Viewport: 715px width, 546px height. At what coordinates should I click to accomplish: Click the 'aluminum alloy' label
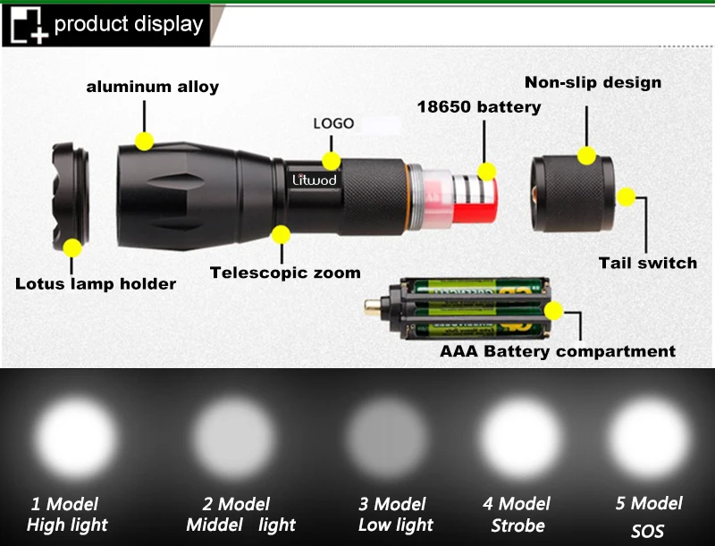[152, 87]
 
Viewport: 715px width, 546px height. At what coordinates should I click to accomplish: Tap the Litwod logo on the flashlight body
[315, 180]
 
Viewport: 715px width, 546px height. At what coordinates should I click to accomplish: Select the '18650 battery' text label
[479, 107]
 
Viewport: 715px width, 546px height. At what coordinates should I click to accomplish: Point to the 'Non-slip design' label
[593, 82]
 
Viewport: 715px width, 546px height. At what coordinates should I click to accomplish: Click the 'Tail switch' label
[647, 263]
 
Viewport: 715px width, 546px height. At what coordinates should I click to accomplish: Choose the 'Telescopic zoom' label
[285, 273]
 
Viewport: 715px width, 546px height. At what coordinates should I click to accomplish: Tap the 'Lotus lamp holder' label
[96, 284]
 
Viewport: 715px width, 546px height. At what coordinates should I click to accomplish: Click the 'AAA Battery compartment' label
[558, 351]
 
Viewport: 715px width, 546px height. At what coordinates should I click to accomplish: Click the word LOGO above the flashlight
[333, 123]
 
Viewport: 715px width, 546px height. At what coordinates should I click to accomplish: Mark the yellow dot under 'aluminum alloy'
[144, 141]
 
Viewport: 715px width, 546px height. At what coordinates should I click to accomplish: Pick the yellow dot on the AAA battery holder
[554, 311]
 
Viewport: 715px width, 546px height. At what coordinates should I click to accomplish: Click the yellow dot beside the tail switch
[627, 197]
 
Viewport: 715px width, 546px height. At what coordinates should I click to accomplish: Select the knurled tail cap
[573, 194]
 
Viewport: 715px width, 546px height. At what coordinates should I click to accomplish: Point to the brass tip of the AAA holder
[372, 307]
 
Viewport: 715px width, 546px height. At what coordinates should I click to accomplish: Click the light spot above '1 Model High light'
[77, 439]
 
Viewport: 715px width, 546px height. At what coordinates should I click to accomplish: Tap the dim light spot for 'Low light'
[386, 439]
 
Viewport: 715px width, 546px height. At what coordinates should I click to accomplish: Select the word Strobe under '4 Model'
[517, 525]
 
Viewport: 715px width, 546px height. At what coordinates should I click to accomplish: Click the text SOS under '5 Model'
[647, 532]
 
